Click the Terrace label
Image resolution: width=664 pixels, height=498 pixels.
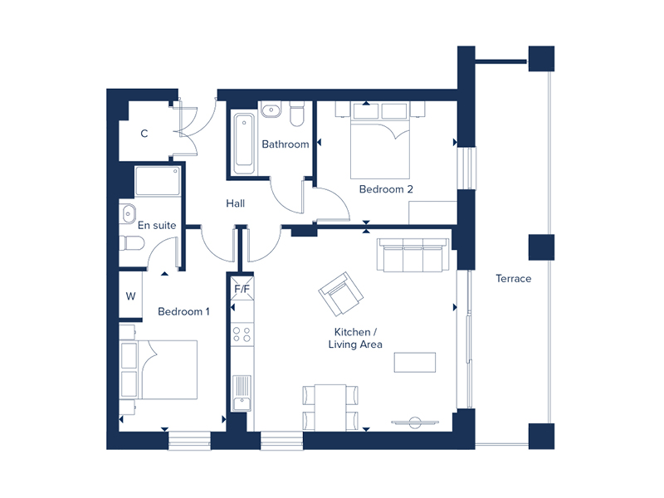tap(513, 279)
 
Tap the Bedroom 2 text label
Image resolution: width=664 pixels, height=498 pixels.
tap(386, 189)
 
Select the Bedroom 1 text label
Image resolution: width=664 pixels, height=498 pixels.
tap(183, 312)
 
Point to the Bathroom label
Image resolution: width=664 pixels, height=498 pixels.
tap(285, 144)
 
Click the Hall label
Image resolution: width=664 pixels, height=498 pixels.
tap(235, 203)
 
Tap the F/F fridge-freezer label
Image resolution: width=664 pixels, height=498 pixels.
tap(242, 290)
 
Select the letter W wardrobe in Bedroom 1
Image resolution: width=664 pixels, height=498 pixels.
tap(131, 296)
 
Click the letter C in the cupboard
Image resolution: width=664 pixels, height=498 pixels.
tap(144, 134)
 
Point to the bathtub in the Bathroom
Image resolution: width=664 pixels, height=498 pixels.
tap(243, 143)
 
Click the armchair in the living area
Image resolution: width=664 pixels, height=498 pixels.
tap(341, 294)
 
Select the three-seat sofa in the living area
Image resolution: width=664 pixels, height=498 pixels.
tap(412, 255)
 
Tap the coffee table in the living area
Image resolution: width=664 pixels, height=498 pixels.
tap(414, 364)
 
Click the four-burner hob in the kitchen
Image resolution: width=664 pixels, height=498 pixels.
tap(242, 334)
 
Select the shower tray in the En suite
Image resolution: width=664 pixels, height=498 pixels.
tap(157, 180)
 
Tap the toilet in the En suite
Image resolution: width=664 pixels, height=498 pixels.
tap(131, 242)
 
